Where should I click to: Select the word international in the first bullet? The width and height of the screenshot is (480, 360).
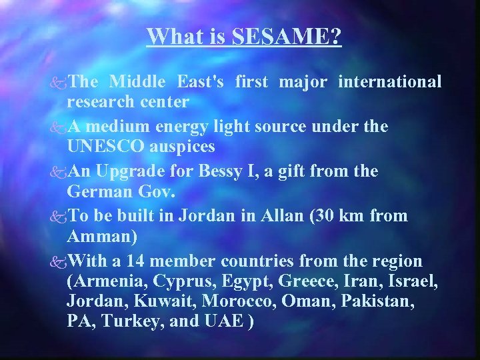[x=390, y=82]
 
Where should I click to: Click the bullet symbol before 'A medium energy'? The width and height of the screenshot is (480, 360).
[x=59, y=127]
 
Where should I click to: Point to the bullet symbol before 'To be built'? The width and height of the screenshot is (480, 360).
[x=59, y=217]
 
